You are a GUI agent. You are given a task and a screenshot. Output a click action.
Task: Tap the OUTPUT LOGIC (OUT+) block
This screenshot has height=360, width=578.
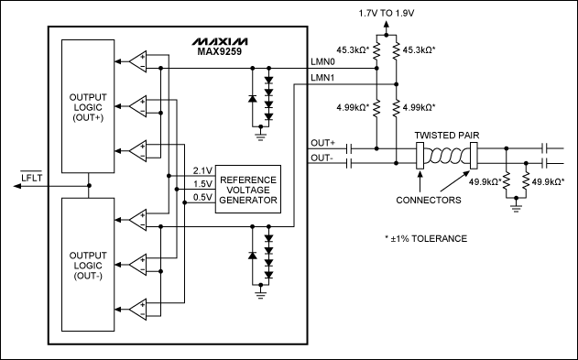tap(88, 105)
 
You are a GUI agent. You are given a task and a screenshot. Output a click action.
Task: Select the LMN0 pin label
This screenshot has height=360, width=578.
tap(323, 62)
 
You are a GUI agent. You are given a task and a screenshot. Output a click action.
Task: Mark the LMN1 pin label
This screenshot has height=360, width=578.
tap(323, 80)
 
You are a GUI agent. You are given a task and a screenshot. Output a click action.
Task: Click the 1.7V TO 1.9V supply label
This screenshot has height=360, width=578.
tap(395, 14)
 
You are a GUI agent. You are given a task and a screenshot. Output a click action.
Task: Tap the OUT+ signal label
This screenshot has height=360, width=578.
tap(323, 143)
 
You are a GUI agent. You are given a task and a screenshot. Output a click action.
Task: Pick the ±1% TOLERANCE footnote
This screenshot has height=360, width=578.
tap(426, 238)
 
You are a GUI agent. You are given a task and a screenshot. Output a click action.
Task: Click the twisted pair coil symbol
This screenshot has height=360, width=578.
tap(446, 157)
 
